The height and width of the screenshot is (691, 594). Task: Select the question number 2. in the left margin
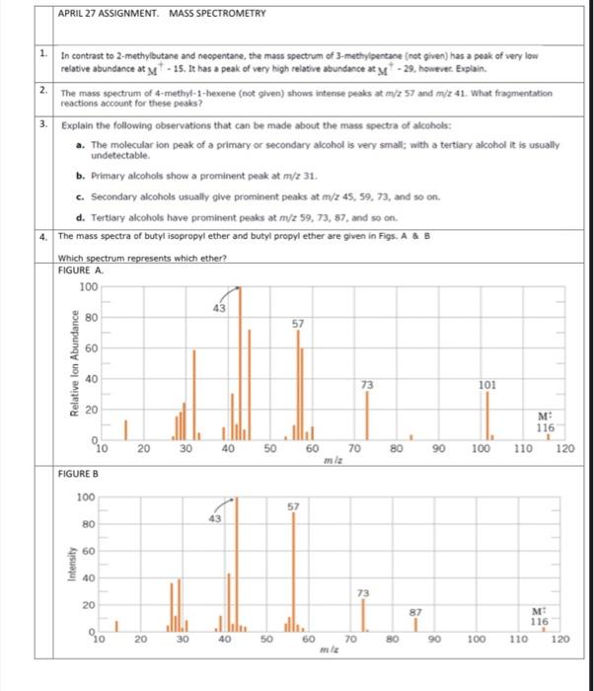44,90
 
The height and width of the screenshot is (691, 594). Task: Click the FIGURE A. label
83,269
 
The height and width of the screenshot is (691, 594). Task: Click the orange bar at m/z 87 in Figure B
416,626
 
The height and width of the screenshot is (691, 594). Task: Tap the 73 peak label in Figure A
367,383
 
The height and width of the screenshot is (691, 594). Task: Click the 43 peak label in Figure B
215,518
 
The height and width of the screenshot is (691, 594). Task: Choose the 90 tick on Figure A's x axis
437,449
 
